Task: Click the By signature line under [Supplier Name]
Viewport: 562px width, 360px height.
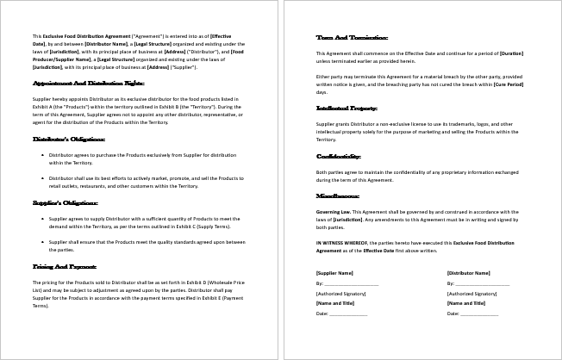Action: click(x=348, y=283)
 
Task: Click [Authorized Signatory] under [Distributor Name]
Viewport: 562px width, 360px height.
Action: click(x=471, y=293)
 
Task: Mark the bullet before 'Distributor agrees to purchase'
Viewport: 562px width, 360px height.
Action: click(x=42, y=155)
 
